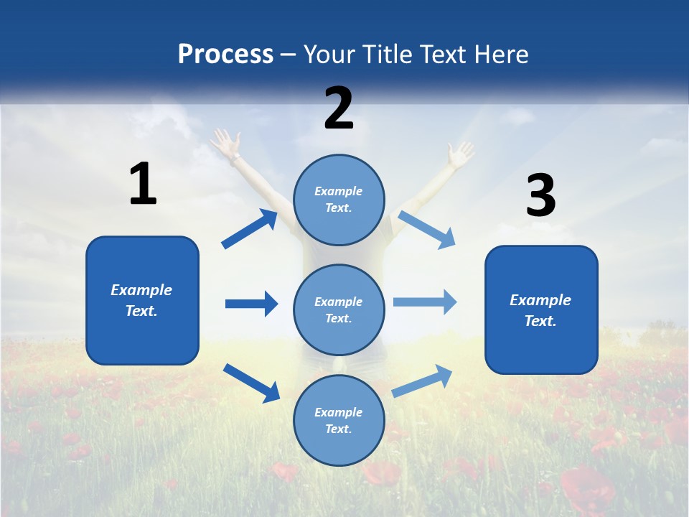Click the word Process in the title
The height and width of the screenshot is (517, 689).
tap(225, 55)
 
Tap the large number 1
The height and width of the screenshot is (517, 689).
tap(143, 184)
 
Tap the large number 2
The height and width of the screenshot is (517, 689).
tap(339, 108)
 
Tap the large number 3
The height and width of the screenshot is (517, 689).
tap(540, 195)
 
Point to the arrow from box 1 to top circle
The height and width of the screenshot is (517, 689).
tap(250, 229)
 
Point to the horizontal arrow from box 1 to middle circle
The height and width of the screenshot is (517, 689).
tap(251, 304)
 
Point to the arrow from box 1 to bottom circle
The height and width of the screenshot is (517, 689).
tap(251, 383)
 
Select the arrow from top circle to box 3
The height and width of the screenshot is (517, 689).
tap(427, 230)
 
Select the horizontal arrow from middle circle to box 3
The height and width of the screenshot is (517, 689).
tap(425, 302)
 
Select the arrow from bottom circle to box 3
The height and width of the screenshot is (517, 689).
tap(422, 381)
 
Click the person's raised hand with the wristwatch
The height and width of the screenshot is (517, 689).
tap(227, 143)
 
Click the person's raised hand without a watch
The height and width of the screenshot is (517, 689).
tap(459, 153)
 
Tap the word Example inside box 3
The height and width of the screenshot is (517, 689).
tap(540, 300)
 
